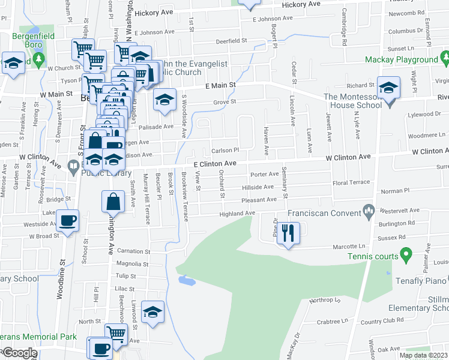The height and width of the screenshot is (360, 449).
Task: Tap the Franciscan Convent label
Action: pyautogui.click(x=325, y=212)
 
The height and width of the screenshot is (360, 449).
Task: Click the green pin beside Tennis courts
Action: pyautogui.click(x=406, y=256)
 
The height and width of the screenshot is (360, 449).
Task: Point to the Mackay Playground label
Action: pyautogui.click(x=402, y=60)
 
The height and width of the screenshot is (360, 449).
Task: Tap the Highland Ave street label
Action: pyautogui.click(x=237, y=214)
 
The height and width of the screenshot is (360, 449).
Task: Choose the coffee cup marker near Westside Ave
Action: pyautogui.click(x=67, y=220)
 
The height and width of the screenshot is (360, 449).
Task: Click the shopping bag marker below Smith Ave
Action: pyautogui.click(x=113, y=202)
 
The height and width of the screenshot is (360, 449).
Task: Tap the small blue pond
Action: pyautogui.click(x=187, y=280)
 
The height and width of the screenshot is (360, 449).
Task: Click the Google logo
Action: pyautogui.click(x=19, y=353)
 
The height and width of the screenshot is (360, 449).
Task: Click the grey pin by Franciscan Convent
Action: pyautogui.click(x=369, y=210)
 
